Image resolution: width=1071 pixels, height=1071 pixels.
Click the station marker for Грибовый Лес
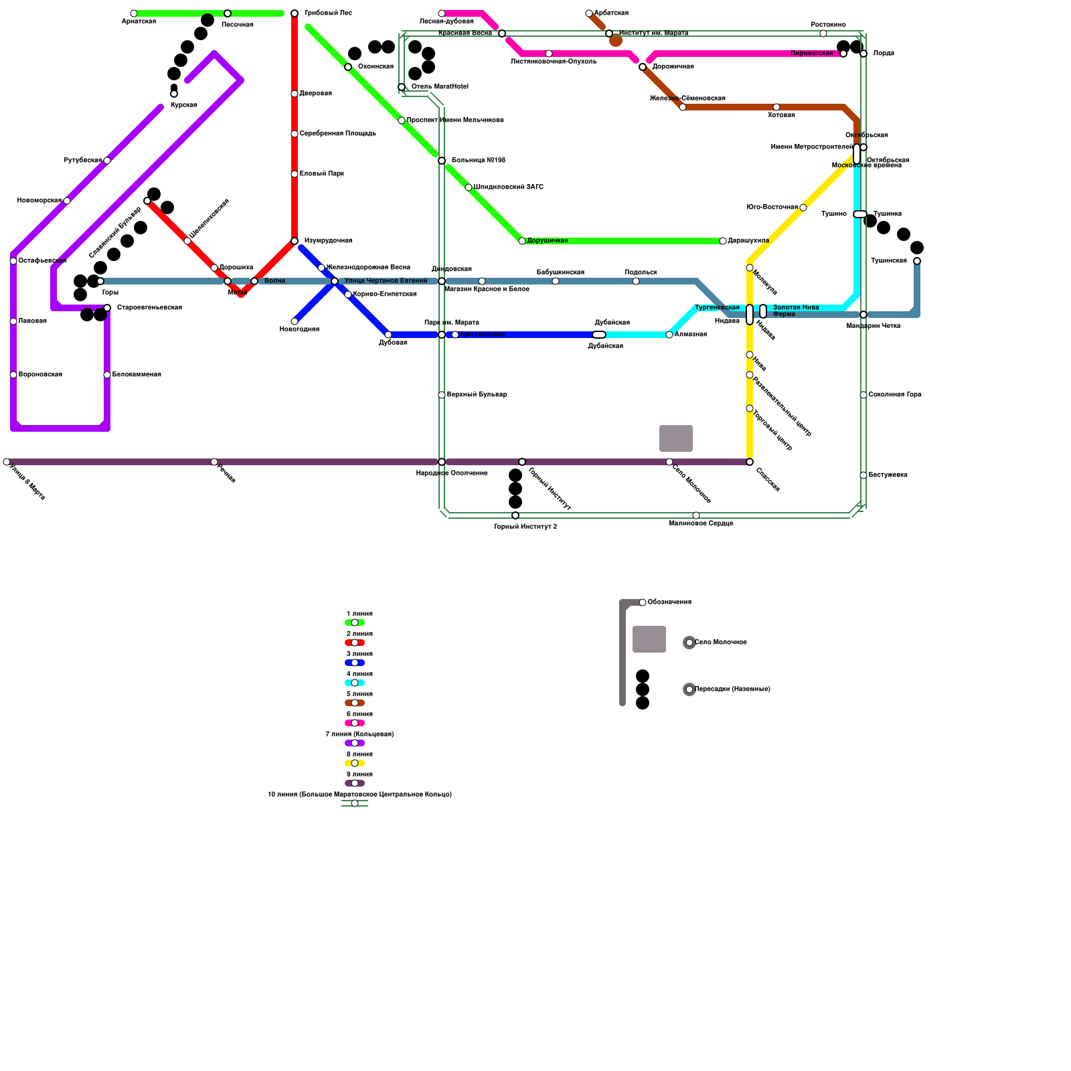pyautogui.click(x=295, y=13)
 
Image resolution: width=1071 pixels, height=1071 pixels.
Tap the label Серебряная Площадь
pyautogui.click(x=337, y=134)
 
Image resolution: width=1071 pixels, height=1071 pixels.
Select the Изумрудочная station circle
pyautogui.click(x=295, y=241)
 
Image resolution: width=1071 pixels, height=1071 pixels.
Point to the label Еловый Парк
pyautogui.click(x=321, y=174)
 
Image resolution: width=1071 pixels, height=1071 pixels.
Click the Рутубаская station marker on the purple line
pyautogui.click(x=107, y=161)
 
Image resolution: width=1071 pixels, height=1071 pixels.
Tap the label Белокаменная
pyautogui.click(x=137, y=375)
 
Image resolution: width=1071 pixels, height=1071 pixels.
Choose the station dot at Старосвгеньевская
pyautogui.click(x=107, y=308)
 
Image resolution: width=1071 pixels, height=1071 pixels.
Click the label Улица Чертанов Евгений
pyautogui.click(x=386, y=281)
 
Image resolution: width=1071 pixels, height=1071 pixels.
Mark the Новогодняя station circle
pyautogui.click(x=295, y=321)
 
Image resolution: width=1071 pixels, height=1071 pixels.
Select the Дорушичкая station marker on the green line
pyautogui.click(x=522, y=241)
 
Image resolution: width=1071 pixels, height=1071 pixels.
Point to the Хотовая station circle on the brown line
pyautogui.click(x=776, y=107)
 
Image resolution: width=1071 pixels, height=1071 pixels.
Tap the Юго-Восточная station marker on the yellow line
pyautogui.click(x=803, y=208)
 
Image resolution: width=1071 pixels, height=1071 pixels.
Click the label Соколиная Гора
pyautogui.click(x=894, y=395)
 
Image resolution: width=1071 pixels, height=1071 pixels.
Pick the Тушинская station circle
pyautogui.click(x=917, y=261)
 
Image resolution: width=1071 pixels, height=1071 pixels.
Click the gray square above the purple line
pyautogui.click(x=676, y=438)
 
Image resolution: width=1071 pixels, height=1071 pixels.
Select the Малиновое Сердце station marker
pyautogui.click(x=696, y=515)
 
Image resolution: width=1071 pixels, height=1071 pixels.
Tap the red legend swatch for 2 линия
pyautogui.click(x=355, y=643)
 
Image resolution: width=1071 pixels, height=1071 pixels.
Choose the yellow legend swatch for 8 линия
pyautogui.click(x=355, y=763)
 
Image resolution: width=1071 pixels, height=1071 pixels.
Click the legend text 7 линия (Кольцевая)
pyautogui.click(x=359, y=734)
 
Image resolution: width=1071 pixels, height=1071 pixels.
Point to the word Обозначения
pyautogui.click(x=669, y=602)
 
